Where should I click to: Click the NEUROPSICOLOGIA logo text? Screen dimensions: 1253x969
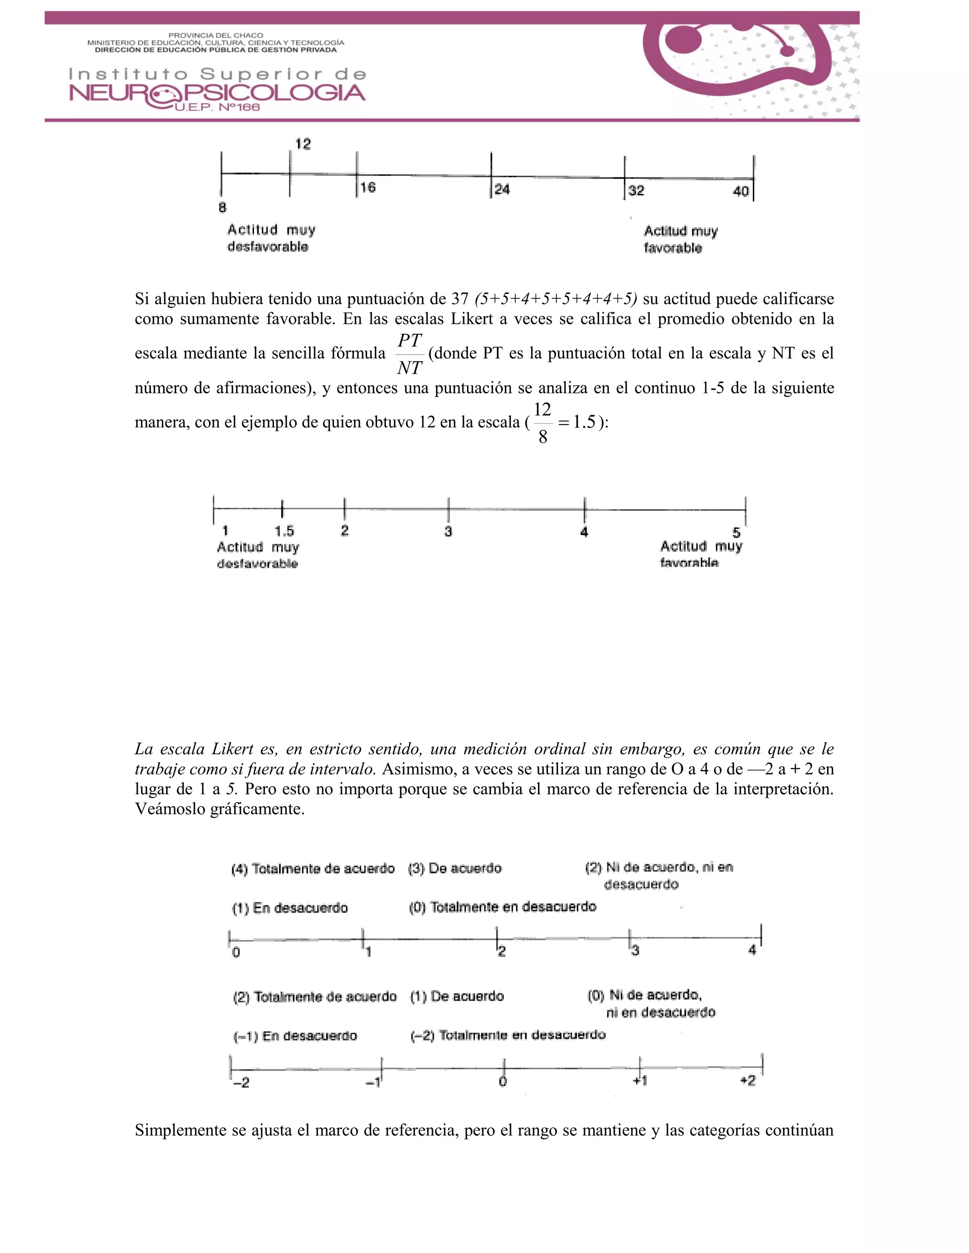point(217,93)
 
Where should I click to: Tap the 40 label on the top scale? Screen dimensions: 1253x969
point(740,191)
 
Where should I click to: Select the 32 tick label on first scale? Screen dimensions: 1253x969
point(635,191)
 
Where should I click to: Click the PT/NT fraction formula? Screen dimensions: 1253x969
point(409,354)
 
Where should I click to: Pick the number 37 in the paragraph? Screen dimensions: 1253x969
point(460,299)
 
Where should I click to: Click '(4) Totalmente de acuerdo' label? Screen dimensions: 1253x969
point(313,869)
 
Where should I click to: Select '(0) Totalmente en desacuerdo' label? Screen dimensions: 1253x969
point(502,907)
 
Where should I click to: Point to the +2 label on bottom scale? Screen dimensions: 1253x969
point(748,1081)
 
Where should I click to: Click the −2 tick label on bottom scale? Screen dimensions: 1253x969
point(241,1083)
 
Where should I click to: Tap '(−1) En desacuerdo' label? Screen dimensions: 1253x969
point(295,1036)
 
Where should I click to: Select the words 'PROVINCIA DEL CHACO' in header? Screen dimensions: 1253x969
point(216,35)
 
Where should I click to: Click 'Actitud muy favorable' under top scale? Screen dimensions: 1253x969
point(680,239)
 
